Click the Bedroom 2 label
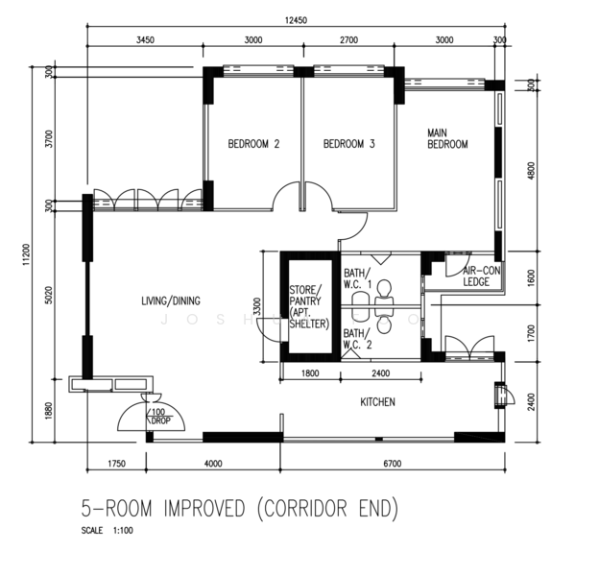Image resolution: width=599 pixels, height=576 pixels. (x=253, y=145)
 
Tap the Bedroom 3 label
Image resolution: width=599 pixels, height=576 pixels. (x=348, y=145)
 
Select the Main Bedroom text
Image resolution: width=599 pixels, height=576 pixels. (x=447, y=138)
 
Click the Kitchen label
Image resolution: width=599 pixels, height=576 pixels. (x=378, y=402)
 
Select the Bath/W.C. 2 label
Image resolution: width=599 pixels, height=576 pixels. (x=358, y=339)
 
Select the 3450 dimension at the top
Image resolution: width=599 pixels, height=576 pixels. (x=145, y=40)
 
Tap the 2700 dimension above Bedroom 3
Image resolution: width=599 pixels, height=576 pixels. (x=347, y=40)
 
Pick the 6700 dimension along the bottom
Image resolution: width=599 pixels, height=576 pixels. (x=395, y=464)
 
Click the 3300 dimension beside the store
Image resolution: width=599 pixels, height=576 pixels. (x=253, y=306)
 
